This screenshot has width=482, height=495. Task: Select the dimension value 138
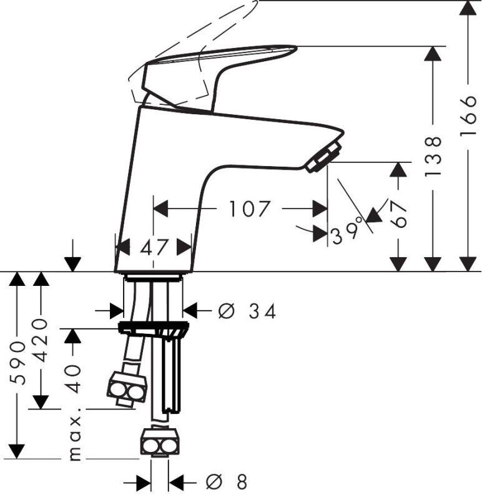click(x=433, y=155)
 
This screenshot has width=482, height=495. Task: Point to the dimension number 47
click(x=154, y=247)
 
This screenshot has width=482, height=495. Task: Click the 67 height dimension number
click(x=400, y=213)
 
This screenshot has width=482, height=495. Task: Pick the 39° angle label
click(x=347, y=232)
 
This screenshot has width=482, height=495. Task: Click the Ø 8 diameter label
click(x=228, y=482)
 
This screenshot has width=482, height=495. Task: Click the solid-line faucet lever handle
click(x=212, y=72)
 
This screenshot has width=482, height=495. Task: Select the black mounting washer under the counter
click(x=153, y=328)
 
